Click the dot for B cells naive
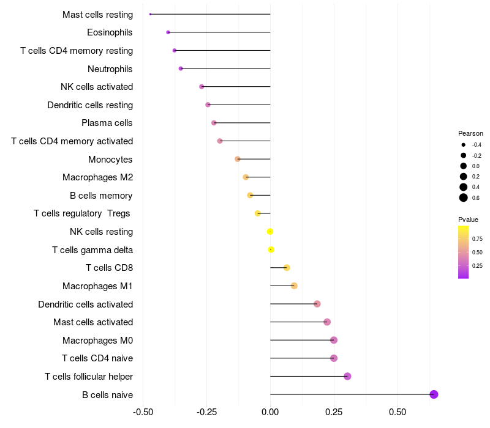434,394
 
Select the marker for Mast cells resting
150,14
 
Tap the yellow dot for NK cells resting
269,232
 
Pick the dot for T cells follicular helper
347,376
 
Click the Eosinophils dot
168,32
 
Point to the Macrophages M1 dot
294,286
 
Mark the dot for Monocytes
238,159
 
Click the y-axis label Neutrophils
110,68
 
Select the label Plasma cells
107,123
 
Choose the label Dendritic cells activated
86,304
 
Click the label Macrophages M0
98,340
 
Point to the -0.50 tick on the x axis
143,411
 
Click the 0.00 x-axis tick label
270,411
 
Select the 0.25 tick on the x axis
334,411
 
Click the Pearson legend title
470,133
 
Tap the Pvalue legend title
469,220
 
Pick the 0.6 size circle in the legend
464,197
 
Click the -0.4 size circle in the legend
464,145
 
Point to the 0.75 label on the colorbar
477,238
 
